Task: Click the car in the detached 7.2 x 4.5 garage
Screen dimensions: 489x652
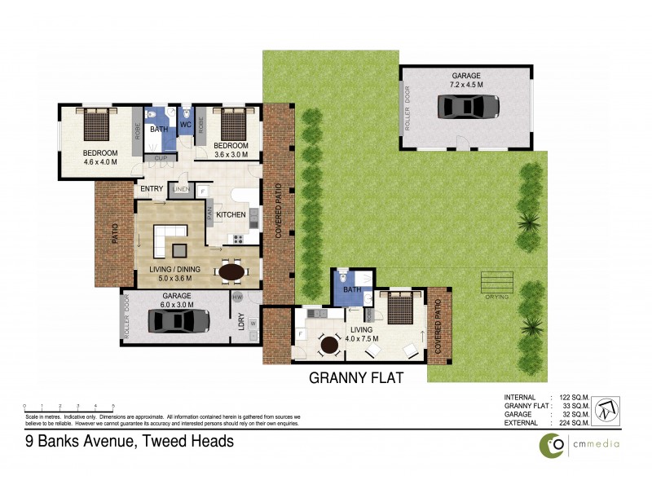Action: pyautogui.click(x=468, y=107)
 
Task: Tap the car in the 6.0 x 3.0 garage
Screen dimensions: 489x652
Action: pyautogui.click(x=177, y=320)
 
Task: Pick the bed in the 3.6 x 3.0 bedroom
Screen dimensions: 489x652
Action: pyautogui.click(x=233, y=125)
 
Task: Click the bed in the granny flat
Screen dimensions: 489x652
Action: pyautogui.click(x=399, y=311)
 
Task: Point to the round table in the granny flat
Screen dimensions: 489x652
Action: pyautogui.click(x=330, y=346)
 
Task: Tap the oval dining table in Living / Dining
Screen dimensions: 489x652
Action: pyautogui.click(x=232, y=271)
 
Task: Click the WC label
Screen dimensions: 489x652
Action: pyautogui.click(x=185, y=126)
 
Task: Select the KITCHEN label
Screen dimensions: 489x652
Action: pyautogui.click(x=231, y=215)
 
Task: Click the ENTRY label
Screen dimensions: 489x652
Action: pyautogui.click(x=152, y=189)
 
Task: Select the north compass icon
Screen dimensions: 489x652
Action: pyautogui.click(x=606, y=408)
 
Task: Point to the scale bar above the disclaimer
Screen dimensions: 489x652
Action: pyautogui.click(x=68, y=405)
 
